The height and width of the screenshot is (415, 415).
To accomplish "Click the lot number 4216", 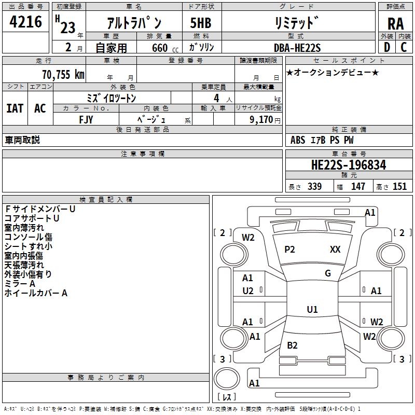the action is point(25,22).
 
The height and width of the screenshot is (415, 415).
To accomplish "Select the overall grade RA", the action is point(395,24).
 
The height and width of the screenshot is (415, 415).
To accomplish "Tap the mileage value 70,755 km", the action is point(63,75).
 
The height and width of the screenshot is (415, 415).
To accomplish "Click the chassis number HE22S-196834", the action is point(349,165).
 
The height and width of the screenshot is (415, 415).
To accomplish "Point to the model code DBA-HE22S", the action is point(297,48).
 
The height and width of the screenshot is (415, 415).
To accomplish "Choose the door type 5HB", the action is point(201,23).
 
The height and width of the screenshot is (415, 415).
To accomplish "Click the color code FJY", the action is point(86,120).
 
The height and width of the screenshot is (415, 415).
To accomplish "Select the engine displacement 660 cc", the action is point(165,48).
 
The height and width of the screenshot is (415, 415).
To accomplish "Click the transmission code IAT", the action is point(15,108).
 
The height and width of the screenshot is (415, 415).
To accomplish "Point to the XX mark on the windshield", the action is point(335,250).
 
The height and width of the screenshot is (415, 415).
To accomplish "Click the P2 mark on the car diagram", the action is point(289,250).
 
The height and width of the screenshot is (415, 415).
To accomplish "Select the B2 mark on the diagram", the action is point(292,345).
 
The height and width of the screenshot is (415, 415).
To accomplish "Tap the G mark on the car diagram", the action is point(328,273).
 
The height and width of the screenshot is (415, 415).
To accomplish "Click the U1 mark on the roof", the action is point(312,309).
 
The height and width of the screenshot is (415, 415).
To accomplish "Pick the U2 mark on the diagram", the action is point(248,291).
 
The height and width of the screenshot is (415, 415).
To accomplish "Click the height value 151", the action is point(399,186).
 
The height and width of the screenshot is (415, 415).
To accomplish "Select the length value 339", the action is point(315,186).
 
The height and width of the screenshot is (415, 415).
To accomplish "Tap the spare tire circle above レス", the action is point(227,379).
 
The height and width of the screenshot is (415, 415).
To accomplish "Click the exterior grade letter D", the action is point(387,47).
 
